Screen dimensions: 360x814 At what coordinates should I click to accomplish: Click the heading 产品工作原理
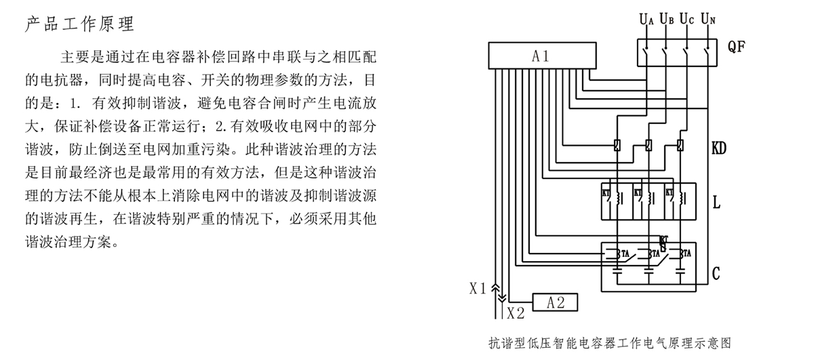[x=80, y=25]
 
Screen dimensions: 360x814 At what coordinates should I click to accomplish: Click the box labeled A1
[x=541, y=56]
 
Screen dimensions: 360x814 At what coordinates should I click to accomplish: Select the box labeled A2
[x=556, y=302]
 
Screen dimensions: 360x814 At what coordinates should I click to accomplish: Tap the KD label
[x=719, y=147]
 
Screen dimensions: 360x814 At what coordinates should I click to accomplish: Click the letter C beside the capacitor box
[x=716, y=273]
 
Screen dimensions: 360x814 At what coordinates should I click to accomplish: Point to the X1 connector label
[x=478, y=289]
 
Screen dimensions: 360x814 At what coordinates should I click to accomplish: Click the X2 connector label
[x=516, y=313]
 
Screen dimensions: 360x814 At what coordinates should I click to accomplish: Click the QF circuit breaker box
[x=677, y=52]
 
